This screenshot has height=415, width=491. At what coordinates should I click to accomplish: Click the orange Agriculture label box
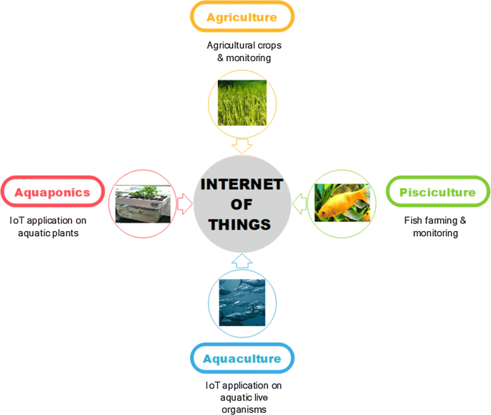point(242,17)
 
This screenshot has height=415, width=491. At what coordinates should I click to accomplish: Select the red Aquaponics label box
point(52,192)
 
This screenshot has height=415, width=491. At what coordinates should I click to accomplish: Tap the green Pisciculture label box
point(437,192)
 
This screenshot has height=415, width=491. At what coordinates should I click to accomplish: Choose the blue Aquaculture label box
point(242,358)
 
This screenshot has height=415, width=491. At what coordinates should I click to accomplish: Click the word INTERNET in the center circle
point(242,185)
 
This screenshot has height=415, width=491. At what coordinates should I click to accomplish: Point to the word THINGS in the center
point(240,225)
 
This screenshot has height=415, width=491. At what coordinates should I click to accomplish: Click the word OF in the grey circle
point(242,205)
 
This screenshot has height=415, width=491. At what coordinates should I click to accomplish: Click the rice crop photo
point(242,103)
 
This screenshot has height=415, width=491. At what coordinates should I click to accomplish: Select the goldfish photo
point(342,202)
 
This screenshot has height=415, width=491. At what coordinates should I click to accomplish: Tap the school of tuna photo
point(242,303)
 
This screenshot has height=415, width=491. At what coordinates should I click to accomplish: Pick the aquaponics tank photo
point(143,204)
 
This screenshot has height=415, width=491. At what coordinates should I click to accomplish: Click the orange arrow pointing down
point(242,146)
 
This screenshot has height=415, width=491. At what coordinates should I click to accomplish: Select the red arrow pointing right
point(184,204)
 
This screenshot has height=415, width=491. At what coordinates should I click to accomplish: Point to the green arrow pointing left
point(299,204)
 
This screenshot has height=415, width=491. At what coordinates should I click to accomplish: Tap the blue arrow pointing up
point(242,261)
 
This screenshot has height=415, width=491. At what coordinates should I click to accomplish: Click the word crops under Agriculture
point(270,46)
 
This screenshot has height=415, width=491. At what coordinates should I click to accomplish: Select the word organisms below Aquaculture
point(244,410)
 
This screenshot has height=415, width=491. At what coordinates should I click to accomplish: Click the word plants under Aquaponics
point(65,233)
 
